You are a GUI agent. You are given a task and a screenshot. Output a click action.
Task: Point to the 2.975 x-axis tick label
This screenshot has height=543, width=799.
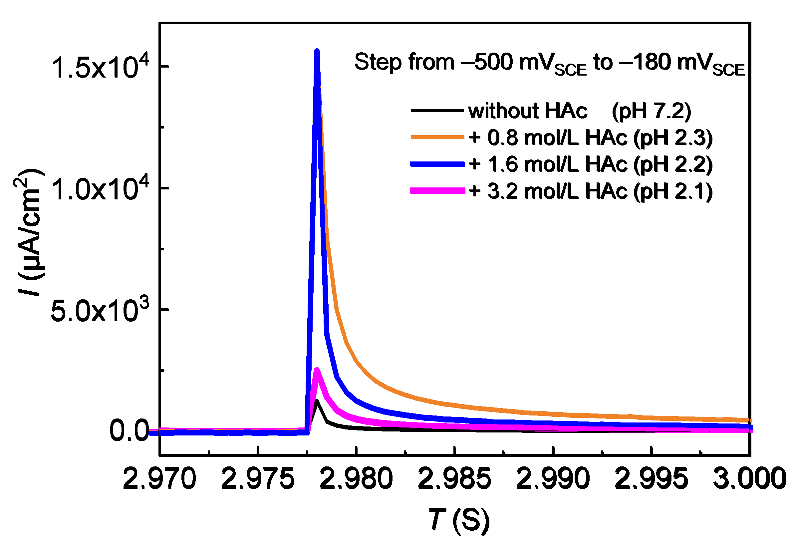[258, 479]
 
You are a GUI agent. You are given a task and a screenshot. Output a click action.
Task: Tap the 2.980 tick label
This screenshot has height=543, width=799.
[356, 479]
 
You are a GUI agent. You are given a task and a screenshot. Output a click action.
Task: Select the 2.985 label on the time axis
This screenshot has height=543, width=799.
[454, 479]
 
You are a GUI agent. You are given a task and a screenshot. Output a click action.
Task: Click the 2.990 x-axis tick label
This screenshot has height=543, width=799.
[553, 479]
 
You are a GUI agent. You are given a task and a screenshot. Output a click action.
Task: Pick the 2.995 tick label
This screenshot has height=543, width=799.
[651, 479]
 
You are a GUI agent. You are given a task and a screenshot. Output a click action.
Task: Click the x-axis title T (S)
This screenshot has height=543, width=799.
[459, 520]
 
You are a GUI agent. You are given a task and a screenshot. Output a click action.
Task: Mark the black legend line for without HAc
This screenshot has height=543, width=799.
[437, 111]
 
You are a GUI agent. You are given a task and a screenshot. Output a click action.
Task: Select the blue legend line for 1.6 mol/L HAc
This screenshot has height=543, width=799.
[437, 164]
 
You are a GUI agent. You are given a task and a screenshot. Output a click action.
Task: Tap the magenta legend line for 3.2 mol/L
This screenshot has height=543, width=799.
[437, 191]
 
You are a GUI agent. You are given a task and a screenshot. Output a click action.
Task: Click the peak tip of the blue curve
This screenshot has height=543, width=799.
[317, 52]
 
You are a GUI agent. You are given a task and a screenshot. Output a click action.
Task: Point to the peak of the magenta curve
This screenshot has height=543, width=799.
[317, 370]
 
